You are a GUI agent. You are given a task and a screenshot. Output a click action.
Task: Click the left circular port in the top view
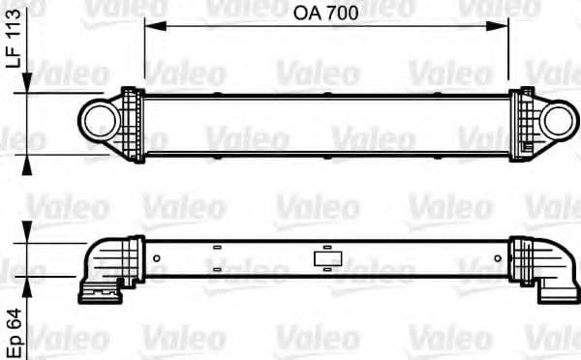96,119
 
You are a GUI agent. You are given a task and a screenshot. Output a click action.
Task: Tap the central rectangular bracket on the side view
323,258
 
